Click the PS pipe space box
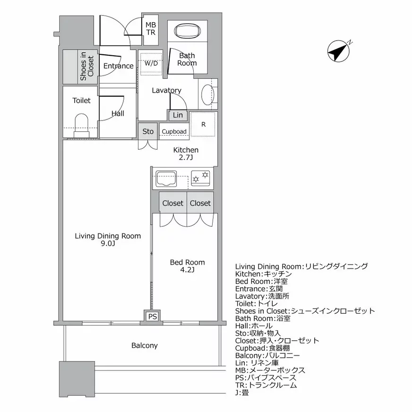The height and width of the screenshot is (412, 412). (x=152, y=317)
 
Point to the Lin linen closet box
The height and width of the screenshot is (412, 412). (x=178, y=115)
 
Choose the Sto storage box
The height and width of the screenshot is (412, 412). (x=148, y=131)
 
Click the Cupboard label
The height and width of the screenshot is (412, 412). (x=174, y=132)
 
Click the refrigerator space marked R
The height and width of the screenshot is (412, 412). (x=204, y=124)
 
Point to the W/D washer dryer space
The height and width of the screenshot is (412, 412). (x=151, y=63)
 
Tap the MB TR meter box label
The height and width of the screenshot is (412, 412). (x=151, y=29)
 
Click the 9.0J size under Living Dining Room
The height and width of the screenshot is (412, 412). (x=108, y=244)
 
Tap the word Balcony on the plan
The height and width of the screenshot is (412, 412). (x=145, y=345)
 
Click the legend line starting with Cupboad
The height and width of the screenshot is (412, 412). (x=270, y=348)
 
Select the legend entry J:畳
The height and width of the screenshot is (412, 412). (x=242, y=393)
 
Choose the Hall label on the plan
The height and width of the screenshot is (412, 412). (x=118, y=113)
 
